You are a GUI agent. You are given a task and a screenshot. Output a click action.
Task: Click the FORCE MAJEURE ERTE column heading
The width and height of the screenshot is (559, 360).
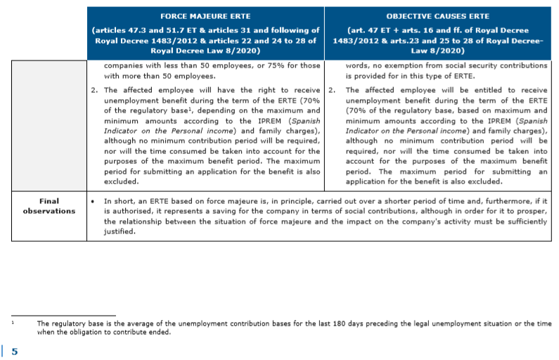[x=206, y=15]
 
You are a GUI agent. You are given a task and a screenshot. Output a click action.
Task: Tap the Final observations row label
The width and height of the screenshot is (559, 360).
[x=49, y=205]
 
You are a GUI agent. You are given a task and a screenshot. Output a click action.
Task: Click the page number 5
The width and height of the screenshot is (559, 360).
[x=15, y=351]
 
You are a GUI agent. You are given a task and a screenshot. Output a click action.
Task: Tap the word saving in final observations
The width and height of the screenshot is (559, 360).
[x=234, y=210]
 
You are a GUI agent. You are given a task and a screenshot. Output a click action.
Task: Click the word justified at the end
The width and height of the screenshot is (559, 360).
[x=120, y=231]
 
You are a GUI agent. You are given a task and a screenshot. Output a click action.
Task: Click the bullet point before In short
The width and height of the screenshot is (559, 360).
[x=94, y=200]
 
